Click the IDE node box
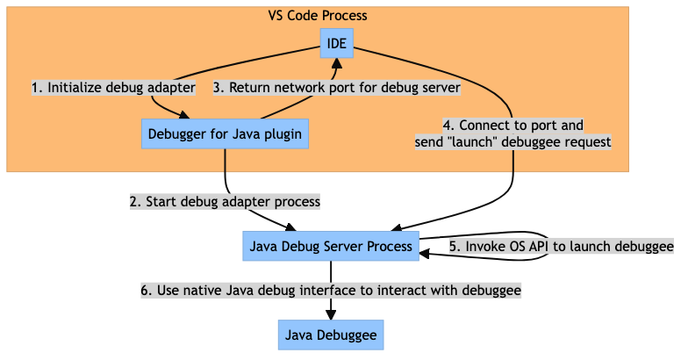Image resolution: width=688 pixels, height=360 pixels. (335, 45)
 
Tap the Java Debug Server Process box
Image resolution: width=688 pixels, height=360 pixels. (331, 246)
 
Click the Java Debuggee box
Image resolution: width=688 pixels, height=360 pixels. (331, 335)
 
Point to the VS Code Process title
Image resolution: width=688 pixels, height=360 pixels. (317, 16)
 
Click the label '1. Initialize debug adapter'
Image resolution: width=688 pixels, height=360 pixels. (112, 88)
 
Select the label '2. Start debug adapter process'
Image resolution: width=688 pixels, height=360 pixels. (225, 201)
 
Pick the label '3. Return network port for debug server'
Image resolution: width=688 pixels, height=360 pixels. (337, 88)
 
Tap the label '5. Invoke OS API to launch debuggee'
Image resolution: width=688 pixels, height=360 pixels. (561, 247)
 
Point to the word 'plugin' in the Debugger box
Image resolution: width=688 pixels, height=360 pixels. (283, 134)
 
